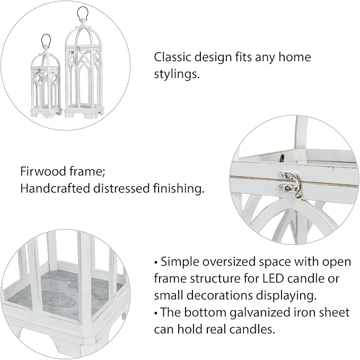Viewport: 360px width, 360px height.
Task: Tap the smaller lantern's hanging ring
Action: (x=47, y=40)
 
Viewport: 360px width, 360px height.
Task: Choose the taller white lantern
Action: (x=83, y=69)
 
